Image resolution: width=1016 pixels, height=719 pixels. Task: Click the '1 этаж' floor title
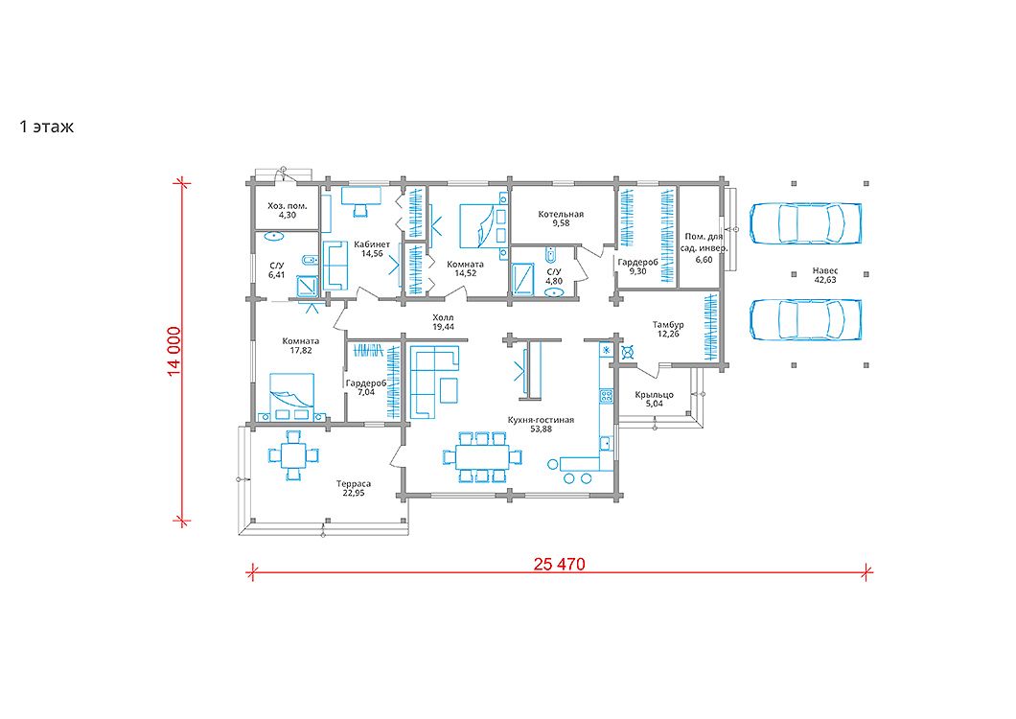tap(47, 128)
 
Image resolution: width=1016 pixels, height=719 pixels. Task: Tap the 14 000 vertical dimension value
tap(174, 352)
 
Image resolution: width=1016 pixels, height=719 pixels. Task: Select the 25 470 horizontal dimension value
tap(559, 564)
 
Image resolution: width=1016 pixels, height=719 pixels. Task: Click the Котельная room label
tap(561, 214)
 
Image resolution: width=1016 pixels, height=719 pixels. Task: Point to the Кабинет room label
tap(372, 244)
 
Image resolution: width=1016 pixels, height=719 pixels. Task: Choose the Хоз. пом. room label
tap(287, 206)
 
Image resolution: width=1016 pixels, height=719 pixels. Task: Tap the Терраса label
tap(354, 484)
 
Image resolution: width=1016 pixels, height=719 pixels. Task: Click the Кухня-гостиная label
tap(541, 420)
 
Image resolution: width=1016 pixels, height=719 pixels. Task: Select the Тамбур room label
tap(668, 325)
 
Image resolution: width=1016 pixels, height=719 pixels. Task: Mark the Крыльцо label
tap(655, 394)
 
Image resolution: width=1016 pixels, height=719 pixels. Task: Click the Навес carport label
tap(825, 270)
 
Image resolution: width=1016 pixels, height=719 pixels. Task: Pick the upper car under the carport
tap(806, 223)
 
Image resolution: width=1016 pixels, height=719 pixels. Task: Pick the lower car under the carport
tap(806, 319)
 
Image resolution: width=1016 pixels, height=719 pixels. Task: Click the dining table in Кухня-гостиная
tap(481, 457)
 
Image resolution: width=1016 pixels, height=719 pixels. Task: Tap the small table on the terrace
tap(293, 455)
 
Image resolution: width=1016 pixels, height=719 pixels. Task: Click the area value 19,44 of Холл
tap(443, 328)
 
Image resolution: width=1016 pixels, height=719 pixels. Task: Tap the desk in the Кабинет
tap(361, 196)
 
